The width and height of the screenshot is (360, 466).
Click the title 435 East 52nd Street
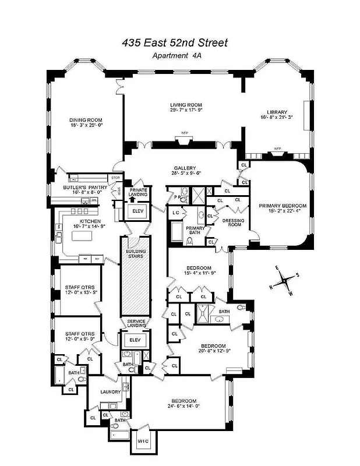[x=175, y=43]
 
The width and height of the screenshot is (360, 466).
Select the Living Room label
[x=183, y=105]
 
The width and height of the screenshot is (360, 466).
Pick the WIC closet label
[x=144, y=443]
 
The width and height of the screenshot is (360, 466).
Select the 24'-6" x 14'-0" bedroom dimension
[x=184, y=408]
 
